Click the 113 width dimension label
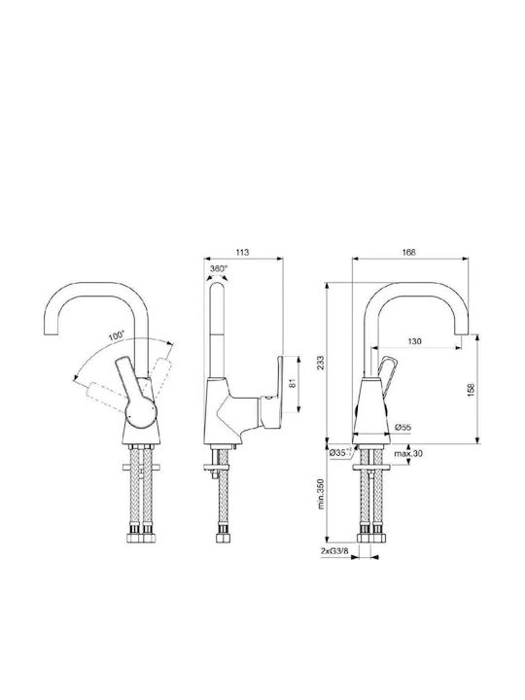click(242, 252)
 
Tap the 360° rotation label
click(219, 268)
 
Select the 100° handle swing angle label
click(117, 335)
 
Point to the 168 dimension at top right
click(408, 252)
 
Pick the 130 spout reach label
click(415, 341)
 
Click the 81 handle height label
click(293, 383)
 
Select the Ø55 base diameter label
click(403, 427)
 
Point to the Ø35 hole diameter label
click(338, 453)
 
